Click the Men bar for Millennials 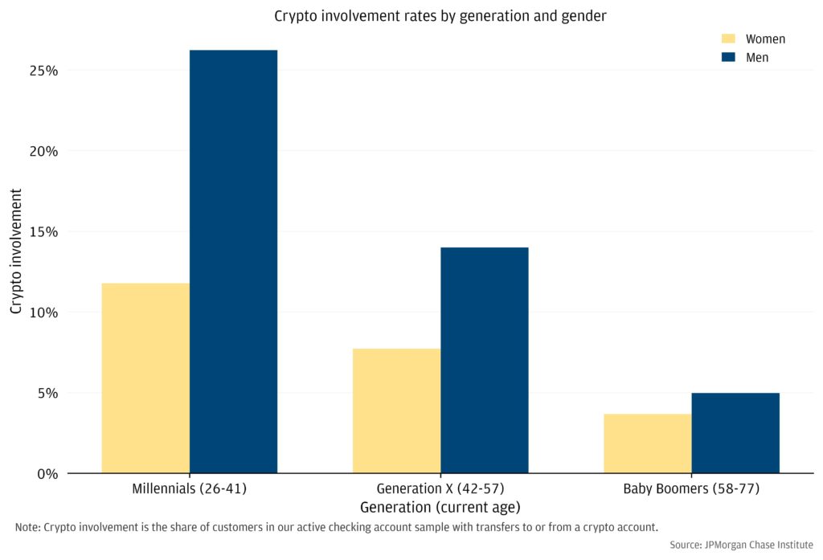click(233, 261)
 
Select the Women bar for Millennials click(145, 378)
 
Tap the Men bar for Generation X click(485, 360)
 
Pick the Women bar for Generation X click(396, 411)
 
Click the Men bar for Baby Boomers click(735, 432)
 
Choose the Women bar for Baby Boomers click(647, 444)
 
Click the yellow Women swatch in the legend click(729, 39)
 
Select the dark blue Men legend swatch click(729, 57)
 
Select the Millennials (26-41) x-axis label click(189, 488)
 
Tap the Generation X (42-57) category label click(440, 488)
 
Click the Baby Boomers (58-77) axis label click(691, 488)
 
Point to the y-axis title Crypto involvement click(16, 251)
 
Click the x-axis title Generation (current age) click(440, 507)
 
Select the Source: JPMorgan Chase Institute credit click(741, 545)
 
